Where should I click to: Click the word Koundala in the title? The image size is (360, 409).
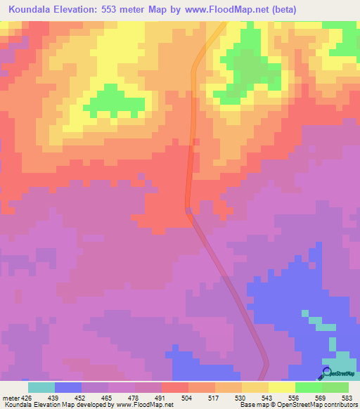(32, 10)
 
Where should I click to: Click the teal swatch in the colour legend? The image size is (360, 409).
(41, 387)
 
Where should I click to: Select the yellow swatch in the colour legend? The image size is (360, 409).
(281, 387)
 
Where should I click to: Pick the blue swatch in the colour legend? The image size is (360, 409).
(68, 387)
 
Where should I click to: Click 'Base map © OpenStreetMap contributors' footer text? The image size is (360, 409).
(298, 405)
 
